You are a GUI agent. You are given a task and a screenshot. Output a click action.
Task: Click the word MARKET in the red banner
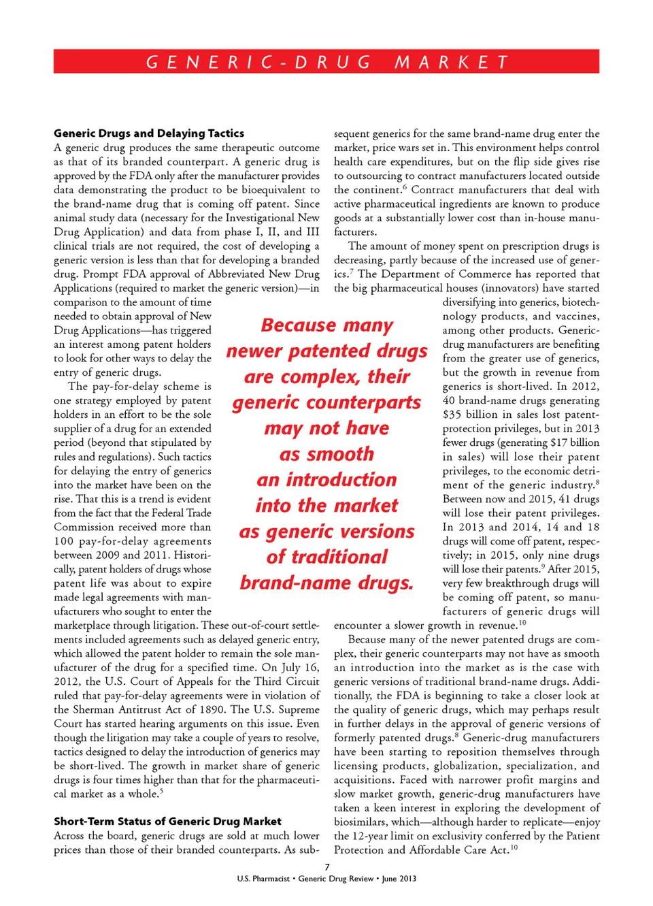coord(452,63)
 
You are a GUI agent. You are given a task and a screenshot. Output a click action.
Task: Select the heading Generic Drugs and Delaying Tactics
coord(149,133)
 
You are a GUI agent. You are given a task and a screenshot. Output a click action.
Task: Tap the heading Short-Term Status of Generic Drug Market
coord(167,822)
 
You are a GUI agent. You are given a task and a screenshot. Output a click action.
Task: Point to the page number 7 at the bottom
coord(327,867)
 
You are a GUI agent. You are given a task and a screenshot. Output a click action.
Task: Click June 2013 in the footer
coord(399,879)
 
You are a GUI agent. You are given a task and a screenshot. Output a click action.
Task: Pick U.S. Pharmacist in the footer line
coord(263,879)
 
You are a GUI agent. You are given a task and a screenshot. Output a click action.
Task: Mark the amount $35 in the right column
coord(452,415)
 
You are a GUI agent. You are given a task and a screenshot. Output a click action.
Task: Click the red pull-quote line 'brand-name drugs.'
coord(326,583)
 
